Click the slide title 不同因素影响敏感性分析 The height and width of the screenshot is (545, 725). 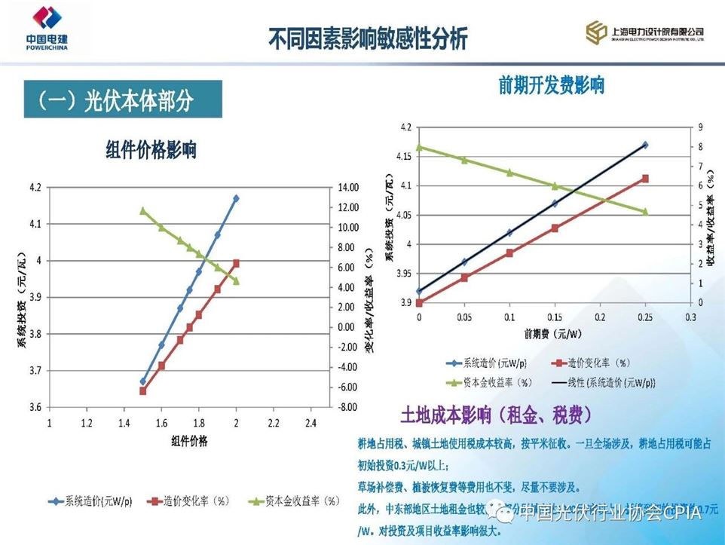click(368, 38)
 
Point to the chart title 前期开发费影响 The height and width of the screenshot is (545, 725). click(551, 84)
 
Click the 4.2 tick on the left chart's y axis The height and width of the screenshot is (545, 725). click(36, 187)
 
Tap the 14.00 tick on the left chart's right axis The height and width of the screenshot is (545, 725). click(347, 187)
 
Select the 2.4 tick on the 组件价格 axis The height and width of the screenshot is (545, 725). click(310, 423)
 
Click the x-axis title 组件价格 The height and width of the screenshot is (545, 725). click(189, 440)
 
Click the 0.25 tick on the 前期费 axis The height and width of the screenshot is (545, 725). click(645, 317)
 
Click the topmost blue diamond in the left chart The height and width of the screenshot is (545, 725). click(237, 198)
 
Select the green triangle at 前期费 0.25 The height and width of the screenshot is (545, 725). click(645, 212)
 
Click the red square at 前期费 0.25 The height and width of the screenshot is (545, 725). click(645, 179)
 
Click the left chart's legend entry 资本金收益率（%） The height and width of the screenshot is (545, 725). click(293, 501)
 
